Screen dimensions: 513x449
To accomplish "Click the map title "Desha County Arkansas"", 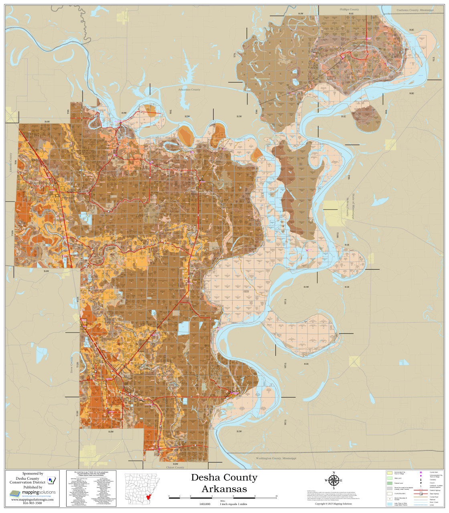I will pos(224,483).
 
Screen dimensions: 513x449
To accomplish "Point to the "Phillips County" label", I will pos(349,9).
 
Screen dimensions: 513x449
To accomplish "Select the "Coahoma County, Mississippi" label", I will pos(415,10).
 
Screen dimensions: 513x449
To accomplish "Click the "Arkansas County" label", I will pos(189,90).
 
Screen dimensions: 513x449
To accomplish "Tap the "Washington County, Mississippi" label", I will pos(276,458).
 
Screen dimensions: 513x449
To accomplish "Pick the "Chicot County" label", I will pos(175,467).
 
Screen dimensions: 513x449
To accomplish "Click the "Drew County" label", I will pos(72,365).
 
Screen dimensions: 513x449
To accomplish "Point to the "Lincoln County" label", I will pos(11,162).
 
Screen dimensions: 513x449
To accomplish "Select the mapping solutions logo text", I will pos(38,492).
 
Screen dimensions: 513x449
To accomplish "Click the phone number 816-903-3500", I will pos(32,503).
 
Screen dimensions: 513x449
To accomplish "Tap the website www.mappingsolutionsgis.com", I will pos(32,499).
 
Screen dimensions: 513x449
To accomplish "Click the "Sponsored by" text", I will pos(32,473).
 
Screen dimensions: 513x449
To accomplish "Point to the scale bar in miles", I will pos(222,497).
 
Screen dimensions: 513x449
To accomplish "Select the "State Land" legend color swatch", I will pos(389,478).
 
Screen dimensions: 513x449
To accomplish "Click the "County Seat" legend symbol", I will pos(421,473).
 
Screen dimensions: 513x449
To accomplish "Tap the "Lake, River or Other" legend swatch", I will pos(389,504).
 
